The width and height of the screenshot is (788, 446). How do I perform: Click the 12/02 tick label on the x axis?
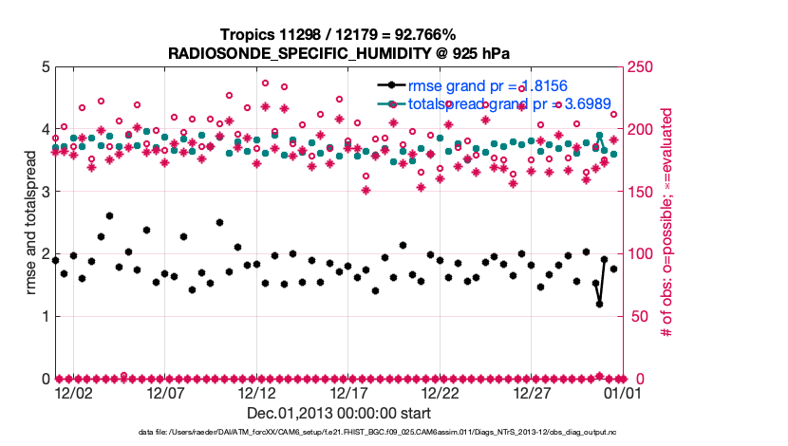(73, 392)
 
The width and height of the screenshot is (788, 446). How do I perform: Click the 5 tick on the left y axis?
(45, 67)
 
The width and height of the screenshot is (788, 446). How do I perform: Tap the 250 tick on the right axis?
(642, 67)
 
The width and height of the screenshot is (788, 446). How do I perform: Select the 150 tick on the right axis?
(642, 192)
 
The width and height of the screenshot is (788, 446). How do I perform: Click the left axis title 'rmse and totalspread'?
(31, 223)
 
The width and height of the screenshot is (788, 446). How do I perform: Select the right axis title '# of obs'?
(667, 223)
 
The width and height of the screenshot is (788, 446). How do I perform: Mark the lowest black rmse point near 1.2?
(600, 304)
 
